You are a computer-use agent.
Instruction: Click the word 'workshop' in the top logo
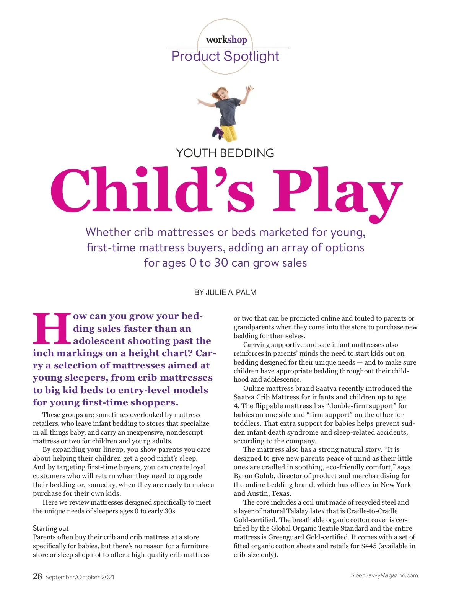click(226, 39)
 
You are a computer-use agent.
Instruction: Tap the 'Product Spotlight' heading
click(225, 56)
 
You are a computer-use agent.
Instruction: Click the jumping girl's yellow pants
click(228, 132)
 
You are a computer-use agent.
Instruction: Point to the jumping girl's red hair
click(222, 92)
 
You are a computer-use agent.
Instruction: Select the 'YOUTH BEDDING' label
click(225, 153)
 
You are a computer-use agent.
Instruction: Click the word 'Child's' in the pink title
click(153, 190)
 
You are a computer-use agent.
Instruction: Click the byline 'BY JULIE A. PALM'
click(225, 292)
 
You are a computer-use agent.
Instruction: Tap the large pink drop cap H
click(52, 329)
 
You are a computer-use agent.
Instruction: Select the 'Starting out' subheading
click(50, 528)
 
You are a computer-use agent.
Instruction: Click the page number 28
click(37, 576)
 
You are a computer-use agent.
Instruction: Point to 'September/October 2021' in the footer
click(80, 577)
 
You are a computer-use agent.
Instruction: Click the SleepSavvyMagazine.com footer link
click(384, 575)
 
